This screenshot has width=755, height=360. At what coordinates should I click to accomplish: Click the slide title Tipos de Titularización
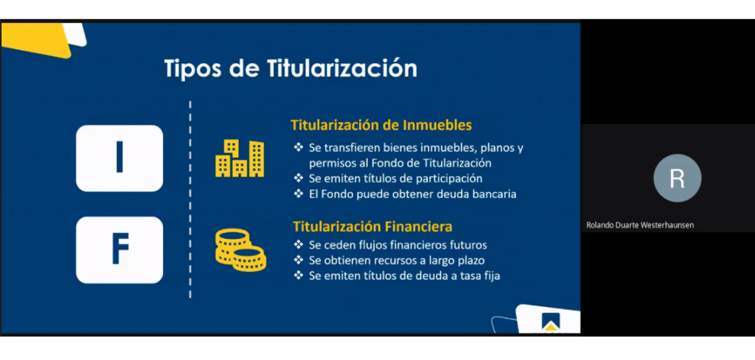click(290, 69)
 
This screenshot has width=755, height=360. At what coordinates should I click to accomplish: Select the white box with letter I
click(119, 158)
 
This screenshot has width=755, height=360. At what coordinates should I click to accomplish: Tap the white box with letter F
click(119, 249)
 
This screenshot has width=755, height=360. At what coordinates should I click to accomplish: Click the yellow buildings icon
click(240, 158)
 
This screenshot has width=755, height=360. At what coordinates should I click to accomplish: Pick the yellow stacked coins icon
click(240, 249)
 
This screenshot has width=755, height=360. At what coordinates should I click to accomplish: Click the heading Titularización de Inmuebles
click(381, 125)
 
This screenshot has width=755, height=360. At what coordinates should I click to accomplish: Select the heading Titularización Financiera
click(372, 226)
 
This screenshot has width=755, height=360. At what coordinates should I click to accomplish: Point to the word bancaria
click(492, 194)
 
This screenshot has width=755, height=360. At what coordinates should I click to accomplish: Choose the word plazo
click(470, 260)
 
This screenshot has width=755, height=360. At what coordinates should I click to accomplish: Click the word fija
click(490, 276)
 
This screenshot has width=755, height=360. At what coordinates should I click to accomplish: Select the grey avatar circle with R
click(677, 178)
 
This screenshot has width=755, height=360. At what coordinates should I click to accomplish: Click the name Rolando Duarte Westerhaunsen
click(641, 225)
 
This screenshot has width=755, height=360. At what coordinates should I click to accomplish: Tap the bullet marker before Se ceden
click(299, 245)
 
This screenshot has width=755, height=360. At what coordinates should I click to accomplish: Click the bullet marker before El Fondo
click(299, 194)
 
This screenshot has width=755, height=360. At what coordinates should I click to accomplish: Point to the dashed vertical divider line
click(190, 199)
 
